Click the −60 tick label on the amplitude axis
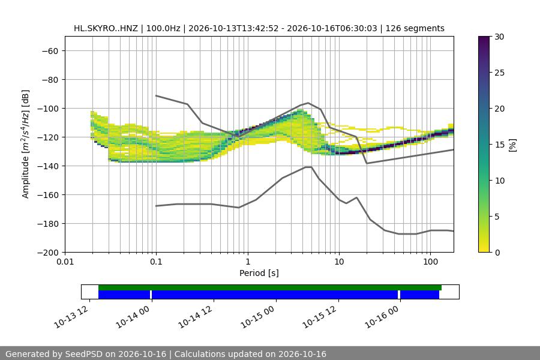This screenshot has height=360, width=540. tap(50, 51)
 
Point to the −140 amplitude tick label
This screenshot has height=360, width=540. tap(48, 166)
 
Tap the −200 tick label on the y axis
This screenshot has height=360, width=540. tap(48, 253)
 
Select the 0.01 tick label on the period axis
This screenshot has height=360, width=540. tap(65, 262)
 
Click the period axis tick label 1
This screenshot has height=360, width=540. tap(248, 262)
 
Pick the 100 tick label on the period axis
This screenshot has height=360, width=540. tap(430, 262)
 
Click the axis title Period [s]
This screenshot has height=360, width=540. tap(259, 273)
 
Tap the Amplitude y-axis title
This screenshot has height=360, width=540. tap(26, 144)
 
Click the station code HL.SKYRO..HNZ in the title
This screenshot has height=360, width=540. tap(106, 28)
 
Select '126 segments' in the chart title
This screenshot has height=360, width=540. tap(415, 28)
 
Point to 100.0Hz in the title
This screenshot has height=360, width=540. tap(163, 28)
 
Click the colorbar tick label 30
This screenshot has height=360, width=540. tap(499, 37)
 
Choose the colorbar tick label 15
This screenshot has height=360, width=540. tap(499, 145)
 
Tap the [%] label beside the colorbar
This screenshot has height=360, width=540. tap(513, 145)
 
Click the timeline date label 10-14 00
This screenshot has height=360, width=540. tap(133, 317)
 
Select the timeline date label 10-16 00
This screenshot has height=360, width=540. tap(382, 317)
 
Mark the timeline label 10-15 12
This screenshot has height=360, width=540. tap(319, 317)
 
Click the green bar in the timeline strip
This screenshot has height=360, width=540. tap(269, 287)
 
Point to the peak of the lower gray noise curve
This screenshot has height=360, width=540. tap(308, 167)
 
